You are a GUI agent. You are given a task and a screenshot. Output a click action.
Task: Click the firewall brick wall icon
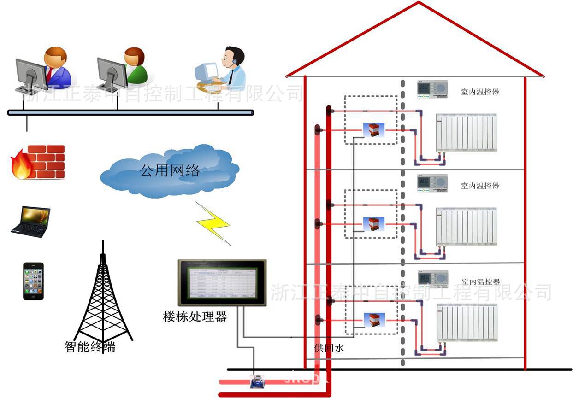pos(38,162)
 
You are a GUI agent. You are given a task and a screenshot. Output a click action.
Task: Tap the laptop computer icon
pos(31,222)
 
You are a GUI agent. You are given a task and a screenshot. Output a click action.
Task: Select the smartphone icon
pos(34,281)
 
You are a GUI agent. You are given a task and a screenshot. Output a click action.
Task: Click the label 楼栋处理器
pos(195,316)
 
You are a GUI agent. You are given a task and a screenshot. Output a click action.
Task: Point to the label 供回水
pos(329,348)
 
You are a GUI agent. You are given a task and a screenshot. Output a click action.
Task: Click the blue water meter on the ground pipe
pos(254,380)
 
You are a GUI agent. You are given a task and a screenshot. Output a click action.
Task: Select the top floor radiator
pos(467,133)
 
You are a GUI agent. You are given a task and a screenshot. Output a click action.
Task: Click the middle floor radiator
pos(467,226)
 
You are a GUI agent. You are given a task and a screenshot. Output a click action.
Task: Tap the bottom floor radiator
pos(467,322)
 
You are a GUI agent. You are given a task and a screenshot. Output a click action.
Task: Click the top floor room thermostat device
pos(432,88)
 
